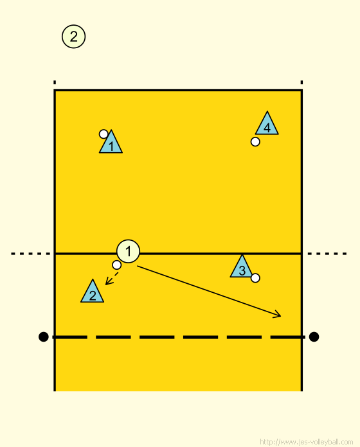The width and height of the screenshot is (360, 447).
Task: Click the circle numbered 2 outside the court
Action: [x=73, y=37]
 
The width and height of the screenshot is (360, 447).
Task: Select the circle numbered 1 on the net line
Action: [x=128, y=251]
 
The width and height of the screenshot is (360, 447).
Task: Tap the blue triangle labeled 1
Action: [x=111, y=143]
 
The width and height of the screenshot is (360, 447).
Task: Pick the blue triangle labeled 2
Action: [x=92, y=292]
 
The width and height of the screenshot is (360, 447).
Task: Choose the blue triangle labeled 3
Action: [x=242, y=267]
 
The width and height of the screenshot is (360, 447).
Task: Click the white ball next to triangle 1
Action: [x=104, y=134]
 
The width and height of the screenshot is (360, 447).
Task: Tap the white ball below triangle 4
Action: [x=255, y=142]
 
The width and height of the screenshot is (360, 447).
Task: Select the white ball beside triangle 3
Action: [x=255, y=277]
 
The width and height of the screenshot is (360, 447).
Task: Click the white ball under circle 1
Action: [x=116, y=265]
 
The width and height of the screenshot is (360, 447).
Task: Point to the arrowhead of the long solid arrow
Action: [x=280, y=315]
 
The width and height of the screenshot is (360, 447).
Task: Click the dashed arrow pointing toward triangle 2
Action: [x=112, y=279]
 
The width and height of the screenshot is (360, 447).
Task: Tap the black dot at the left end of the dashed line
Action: [x=43, y=337]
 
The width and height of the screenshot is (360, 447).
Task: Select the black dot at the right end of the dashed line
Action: [x=314, y=337]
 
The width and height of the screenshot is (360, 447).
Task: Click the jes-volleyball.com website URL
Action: [x=306, y=442]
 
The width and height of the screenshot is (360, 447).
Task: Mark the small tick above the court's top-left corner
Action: [x=55, y=82]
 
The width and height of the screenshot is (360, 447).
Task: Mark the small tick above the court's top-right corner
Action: [x=301, y=82]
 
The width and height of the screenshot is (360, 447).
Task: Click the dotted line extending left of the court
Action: [x=30, y=254]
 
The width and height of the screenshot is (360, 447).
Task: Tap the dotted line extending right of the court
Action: [x=327, y=254]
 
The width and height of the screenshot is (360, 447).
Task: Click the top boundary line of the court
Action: [x=178, y=91]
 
